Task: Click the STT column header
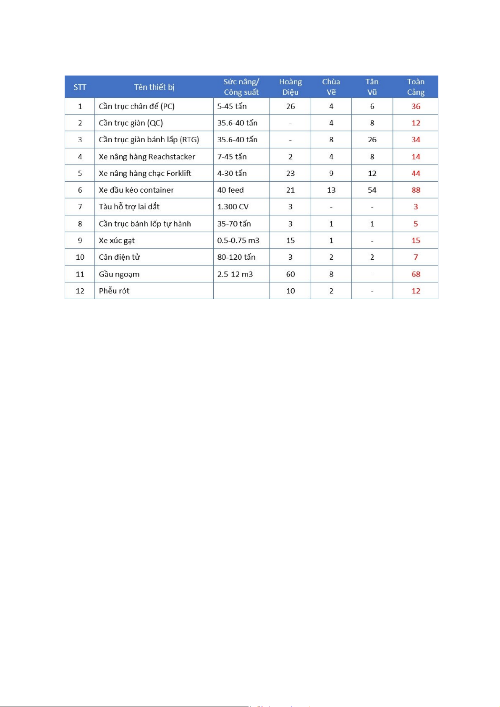[x=80, y=87]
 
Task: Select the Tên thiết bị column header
[x=154, y=87]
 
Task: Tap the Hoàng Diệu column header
[x=291, y=87]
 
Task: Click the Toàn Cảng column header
[x=416, y=87]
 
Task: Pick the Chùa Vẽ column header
[x=331, y=87]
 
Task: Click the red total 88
[x=416, y=190]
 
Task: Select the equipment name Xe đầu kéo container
[x=136, y=190]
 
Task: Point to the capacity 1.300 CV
[x=233, y=207]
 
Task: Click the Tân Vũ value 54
[x=372, y=190]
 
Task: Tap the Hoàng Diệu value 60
[x=291, y=274]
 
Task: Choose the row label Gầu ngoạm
[x=119, y=274]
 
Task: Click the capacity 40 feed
[x=230, y=190]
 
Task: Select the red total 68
[x=416, y=274]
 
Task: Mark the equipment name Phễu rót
[x=114, y=291]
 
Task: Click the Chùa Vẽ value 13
[x=331, y=190]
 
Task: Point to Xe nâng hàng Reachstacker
[x=147, y=157]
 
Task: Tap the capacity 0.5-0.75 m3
[x=238, y=240]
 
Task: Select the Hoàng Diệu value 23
[x=291, y=173]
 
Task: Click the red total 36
[x=416, y=106]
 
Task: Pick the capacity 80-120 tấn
[x=236, y=257]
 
